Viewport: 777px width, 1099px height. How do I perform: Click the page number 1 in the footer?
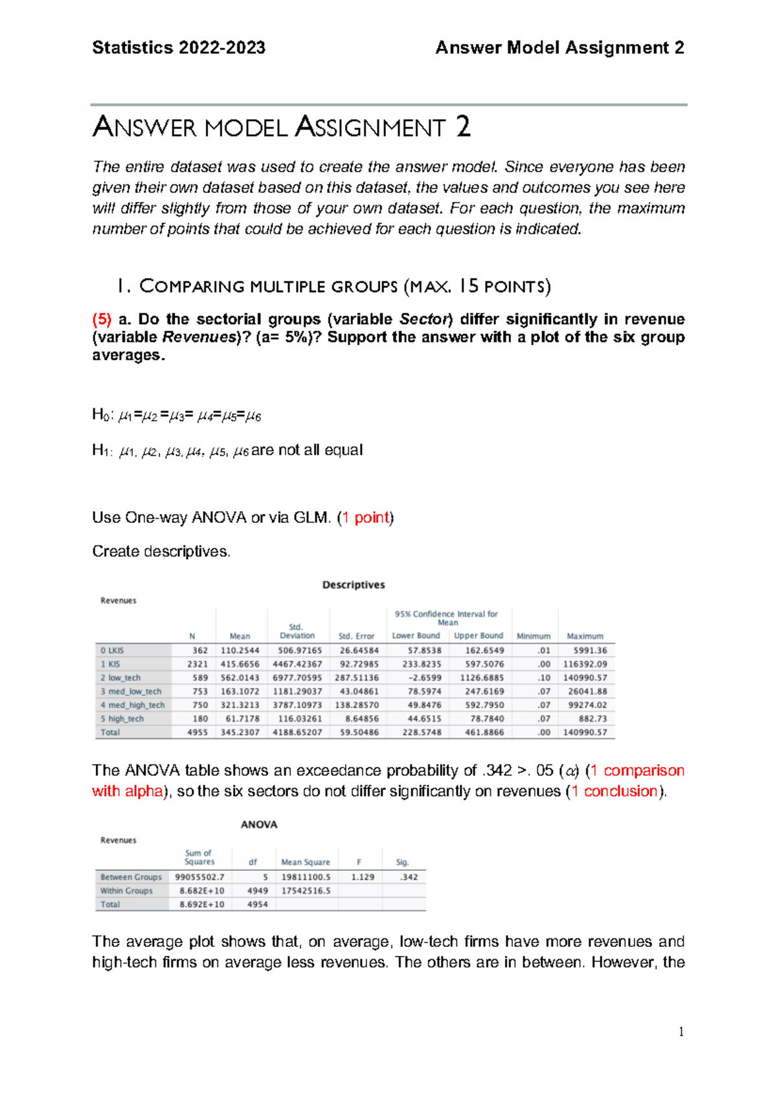point(681,1032)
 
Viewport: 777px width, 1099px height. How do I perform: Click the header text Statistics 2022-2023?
point(179,48)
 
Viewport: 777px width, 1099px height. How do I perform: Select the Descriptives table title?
point(354,584)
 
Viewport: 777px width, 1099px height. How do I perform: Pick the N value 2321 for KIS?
point(197,664)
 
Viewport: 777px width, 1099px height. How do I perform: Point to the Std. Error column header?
point(356,636)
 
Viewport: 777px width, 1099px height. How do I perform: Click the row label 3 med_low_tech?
point(131,691)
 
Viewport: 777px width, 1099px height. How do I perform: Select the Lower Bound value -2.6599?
point(425,678)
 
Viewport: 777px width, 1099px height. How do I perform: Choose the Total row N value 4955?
point(197,732)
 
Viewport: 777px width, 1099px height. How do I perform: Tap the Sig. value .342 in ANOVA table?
point(409,877)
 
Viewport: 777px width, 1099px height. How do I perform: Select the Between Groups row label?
point(131,877)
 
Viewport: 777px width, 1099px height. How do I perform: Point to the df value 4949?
point(257,891)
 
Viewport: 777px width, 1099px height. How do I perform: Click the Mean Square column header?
point(306,862)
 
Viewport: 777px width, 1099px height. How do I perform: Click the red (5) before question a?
point(102,319)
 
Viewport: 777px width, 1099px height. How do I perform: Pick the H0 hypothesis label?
point(100,415)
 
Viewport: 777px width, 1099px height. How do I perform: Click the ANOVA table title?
point(259,825)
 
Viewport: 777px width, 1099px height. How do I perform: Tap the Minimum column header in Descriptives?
point(534,636)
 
